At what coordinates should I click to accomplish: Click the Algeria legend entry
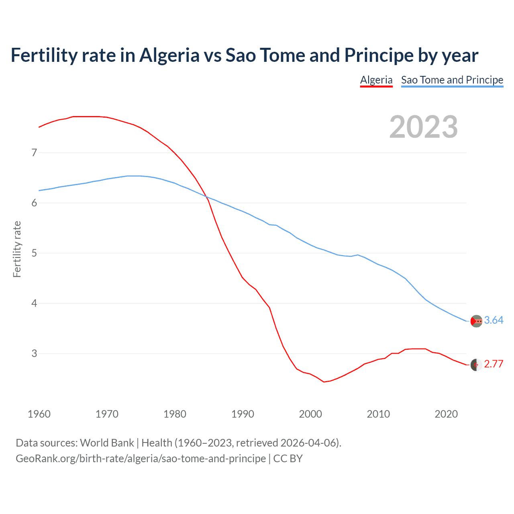click(x=376, y=80)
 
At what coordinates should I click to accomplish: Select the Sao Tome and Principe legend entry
click(x=452, y=80)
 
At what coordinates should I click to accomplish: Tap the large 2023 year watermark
click(x=423, y=127)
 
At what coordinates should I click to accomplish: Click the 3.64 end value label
click(x=494, y=320)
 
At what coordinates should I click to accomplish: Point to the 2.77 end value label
click(x=494, y=364)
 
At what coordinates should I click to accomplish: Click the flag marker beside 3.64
click(x=476, y=321)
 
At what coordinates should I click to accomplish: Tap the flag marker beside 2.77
click(x=476, y=365)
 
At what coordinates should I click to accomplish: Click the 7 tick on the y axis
click(x=34, y=153)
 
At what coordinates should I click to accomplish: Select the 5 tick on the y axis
click(x=34, y=253)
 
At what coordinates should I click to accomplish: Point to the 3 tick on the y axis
click(x=34, y=353)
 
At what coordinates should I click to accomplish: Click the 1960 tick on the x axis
click(x=39, y=414)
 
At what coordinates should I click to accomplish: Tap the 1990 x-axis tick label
click(x=243, y=414)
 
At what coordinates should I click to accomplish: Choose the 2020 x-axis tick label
click(x=446, y=414)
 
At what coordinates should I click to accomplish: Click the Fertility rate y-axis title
click(x=17, y=249)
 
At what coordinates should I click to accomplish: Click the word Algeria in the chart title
click(x=169, y=55)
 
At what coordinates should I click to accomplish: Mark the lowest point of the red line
click(x=324, y=381)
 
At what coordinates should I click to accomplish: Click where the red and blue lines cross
click(x=206, y=196)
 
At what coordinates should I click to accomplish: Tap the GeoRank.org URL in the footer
click(x=141, y=459)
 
